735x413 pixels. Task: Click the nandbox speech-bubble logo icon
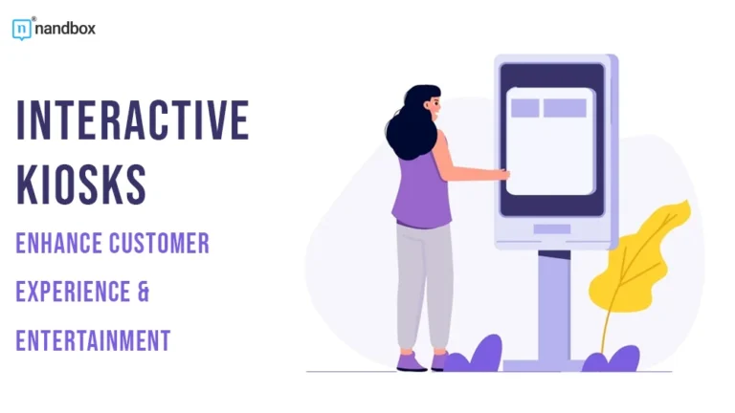22,29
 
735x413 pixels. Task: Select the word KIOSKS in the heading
81,183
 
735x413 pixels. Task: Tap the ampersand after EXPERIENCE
144,292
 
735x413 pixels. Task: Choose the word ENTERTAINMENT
93,339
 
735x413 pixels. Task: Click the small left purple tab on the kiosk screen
524,108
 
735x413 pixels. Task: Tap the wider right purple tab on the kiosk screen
565,108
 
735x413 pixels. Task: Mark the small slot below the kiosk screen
552,228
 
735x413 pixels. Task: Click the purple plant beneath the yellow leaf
612,360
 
